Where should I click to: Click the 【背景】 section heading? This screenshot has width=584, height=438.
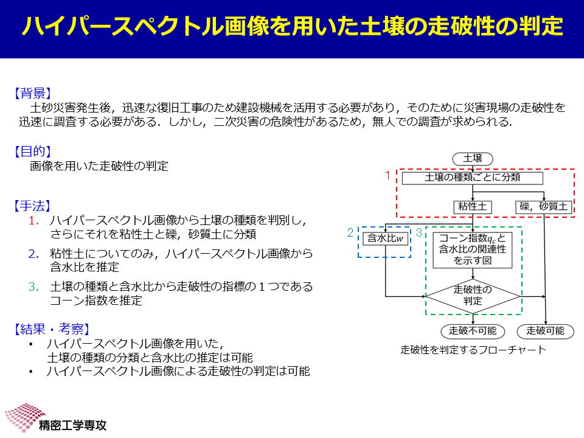(x=32, y=93)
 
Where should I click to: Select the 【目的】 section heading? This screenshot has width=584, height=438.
(x=32, y=151)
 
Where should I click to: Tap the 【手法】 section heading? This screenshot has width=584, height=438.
(x=32, y=206)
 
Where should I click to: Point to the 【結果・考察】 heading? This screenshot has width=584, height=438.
(x=52, y=329)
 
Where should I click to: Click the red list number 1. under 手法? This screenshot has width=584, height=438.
(x=33, y=220)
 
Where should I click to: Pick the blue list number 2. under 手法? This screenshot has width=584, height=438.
(x=33, y=254)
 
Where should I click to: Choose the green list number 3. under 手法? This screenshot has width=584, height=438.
(x=33, y=287)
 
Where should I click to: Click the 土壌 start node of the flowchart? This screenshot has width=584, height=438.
(x=473, y=159)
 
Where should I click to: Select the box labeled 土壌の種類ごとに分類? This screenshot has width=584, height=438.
(x=472, y=178)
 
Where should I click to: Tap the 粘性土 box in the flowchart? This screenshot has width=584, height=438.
(x=472, y=207)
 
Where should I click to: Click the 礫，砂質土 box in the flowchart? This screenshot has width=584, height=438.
(x=543, y=207)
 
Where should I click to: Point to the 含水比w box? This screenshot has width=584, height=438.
(x=386, y=238)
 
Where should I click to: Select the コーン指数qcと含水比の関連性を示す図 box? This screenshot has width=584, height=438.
(x=472, y=250)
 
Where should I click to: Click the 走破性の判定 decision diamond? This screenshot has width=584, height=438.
(x=473, y=296)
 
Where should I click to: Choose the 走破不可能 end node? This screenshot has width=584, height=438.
(x=473, y=331)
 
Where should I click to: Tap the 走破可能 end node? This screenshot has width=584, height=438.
(x=545, y=331)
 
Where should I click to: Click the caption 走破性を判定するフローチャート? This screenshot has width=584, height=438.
(x=473, y=350)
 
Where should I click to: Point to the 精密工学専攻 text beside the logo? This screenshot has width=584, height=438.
(x=72, y=425)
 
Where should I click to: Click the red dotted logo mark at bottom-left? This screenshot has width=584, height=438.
(x=24, y=417)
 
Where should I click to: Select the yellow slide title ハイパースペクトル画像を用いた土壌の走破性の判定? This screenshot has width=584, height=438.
(x=293, y=26)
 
